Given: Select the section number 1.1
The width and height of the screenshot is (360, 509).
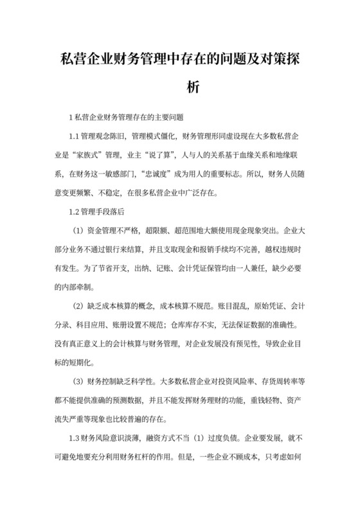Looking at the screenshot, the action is point(73,136).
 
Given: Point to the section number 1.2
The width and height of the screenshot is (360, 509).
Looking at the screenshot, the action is point(73,211).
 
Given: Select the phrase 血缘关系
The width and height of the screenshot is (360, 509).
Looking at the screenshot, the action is point(246,155).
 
